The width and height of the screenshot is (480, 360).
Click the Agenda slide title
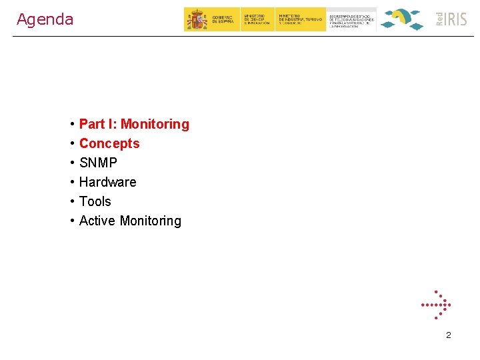(x=45, y=19)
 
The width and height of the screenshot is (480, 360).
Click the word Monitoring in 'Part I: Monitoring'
(x=155, y=124)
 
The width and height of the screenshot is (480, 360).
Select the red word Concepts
(x=109, y=143)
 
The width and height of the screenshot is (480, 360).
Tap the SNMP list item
(x=98, y=163)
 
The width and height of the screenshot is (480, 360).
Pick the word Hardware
(x=107, y=182)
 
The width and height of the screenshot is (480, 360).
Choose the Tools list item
(x=95, y=201)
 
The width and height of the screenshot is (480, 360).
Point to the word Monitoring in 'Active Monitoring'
(x=150, y=221)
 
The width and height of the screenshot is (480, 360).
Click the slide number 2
(x=448, y=335)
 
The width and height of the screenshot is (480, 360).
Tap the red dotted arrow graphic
(x=436, y=306)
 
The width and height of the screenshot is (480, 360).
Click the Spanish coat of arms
(x=197, y=19)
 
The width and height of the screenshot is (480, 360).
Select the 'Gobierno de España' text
(x=223, y=20)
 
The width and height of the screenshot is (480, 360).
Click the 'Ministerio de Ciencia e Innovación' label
(x=257, y=19)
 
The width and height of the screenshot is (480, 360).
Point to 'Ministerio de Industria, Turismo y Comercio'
(x=299, y=19)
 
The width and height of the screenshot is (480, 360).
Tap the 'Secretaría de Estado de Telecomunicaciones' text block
(x=352, y=20)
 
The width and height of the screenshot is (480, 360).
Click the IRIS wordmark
(x=457, y=19)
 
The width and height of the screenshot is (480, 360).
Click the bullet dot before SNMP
(x=71, y=163)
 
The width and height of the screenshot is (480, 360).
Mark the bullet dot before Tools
(x=71, y=202)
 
